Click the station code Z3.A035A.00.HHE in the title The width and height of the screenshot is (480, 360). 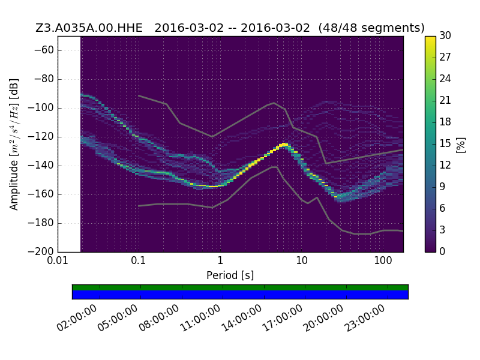point(89,28)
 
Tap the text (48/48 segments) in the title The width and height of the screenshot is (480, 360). point(371,28)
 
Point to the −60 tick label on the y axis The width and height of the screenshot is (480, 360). point(44,50)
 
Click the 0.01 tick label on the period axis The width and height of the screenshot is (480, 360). point(58,260)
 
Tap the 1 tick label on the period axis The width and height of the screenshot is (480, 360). point(220,260)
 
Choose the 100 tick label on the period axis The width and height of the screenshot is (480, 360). point(383,260)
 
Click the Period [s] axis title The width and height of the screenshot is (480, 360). point(230,275)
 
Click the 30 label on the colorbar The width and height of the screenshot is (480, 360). point(445,35)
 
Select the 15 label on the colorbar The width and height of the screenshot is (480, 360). point(445,143)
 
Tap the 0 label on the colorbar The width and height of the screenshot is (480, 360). point(442,251)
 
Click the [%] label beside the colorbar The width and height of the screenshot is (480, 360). point(461,145)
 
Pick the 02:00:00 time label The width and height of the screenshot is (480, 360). point(77,318)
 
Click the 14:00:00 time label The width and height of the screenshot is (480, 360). point(241,318)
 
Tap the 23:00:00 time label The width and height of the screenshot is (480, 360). point(365,318)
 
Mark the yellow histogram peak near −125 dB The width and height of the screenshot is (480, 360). point(284,144)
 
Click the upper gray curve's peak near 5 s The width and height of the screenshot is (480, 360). point(274,103)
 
